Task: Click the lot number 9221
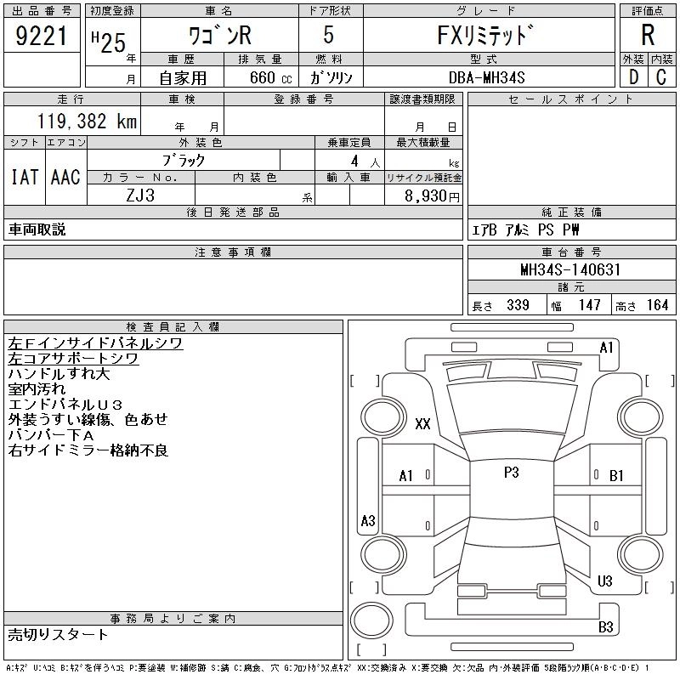tap(41, 37)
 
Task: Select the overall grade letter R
tap(647, 35)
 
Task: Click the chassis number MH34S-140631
tap(570, 270)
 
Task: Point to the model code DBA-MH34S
tap(487, 77)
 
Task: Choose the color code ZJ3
tap(140, 195)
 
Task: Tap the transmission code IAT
tap(25, 177)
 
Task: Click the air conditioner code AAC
tap(65, 177)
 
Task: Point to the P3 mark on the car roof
tap(511, 473)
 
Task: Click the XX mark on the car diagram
tap(422, 424)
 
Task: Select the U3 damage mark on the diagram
tap(605, 581)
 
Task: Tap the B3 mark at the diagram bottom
tap(605, 627)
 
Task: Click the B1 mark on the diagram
tap(617, 476)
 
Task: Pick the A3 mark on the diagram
tap(368, 520)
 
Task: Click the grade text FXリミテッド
tap(488, 37)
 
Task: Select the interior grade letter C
tap(660, 77)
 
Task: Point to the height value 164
tap(656, 305)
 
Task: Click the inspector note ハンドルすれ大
tap(59, 374)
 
